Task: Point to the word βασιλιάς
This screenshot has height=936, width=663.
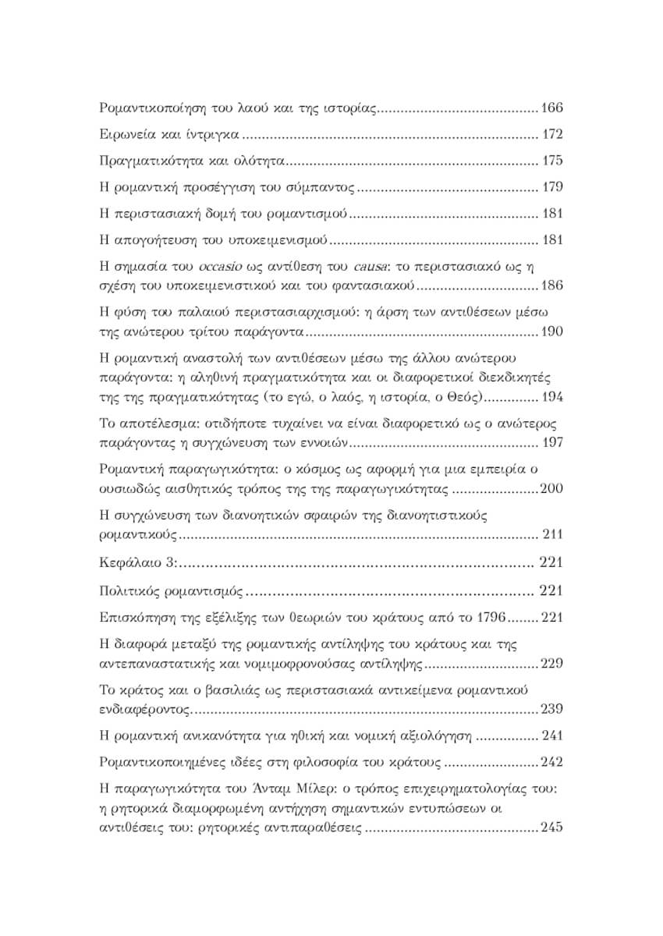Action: click(x=221, y=690)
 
